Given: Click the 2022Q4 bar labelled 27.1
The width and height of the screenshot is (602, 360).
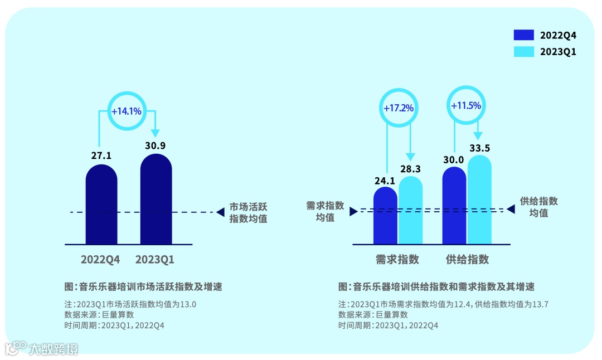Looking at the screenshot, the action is click(101, 203).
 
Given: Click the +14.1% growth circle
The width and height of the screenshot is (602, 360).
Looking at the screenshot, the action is click(127, 111).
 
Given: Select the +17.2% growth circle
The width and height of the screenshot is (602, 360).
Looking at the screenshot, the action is click(399, 108).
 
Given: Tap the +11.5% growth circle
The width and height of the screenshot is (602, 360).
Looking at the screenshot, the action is click(465, 105).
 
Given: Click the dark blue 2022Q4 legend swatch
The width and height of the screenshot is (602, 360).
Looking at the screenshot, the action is click(524, 35).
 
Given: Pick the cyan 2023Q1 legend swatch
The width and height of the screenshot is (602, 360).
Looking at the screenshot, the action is click(524, 51).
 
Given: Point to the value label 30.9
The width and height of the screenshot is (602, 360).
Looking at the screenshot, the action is click(156, 145).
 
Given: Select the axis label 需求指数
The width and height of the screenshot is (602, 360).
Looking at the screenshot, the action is click(397, 259).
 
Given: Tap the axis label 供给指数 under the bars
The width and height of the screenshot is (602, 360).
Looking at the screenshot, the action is click(467, 259).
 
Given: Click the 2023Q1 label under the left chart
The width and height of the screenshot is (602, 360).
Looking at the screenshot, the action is click(156, 260).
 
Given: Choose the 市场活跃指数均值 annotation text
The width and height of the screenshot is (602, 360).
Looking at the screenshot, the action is click(249, 212).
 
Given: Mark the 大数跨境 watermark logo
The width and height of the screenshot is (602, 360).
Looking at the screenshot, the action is click(42, 348).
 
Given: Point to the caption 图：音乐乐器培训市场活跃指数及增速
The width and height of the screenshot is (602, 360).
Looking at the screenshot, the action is click(143, 287).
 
